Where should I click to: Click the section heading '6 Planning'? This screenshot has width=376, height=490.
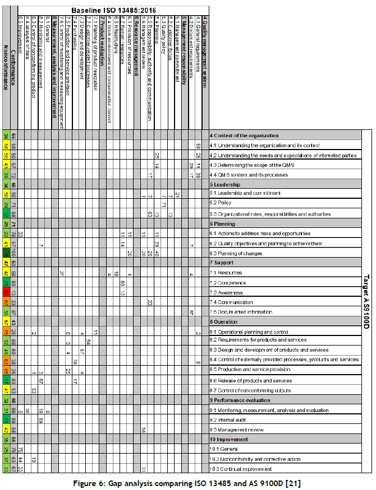[224, 223]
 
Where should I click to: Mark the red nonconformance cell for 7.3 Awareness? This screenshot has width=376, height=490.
[6, 293]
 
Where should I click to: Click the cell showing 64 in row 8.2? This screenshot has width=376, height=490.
[90, 340]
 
